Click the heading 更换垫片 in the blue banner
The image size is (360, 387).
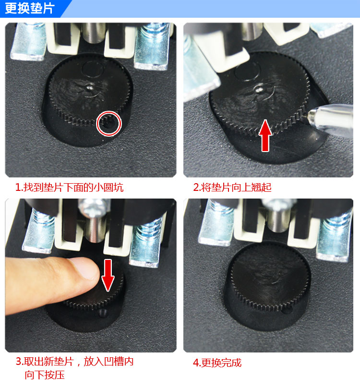click(x=29, y=9)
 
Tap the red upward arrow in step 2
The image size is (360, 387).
click(x=265, y=135)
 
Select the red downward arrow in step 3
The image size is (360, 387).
click(x=108, y=275)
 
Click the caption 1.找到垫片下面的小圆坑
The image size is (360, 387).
click(x=70, y=188)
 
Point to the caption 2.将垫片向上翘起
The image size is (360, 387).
click(x=232, y=188)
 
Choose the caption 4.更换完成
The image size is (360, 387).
click(x=217, y=363)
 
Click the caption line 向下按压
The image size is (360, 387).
click(x=45, y=375)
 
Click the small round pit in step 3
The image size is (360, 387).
click(x=103, y=313)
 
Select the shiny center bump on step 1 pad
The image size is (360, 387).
click(x=89, y=87)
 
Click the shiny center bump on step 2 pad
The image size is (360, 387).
click(x=259, y=89)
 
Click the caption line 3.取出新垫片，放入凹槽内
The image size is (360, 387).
click(x=74, y=362)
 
